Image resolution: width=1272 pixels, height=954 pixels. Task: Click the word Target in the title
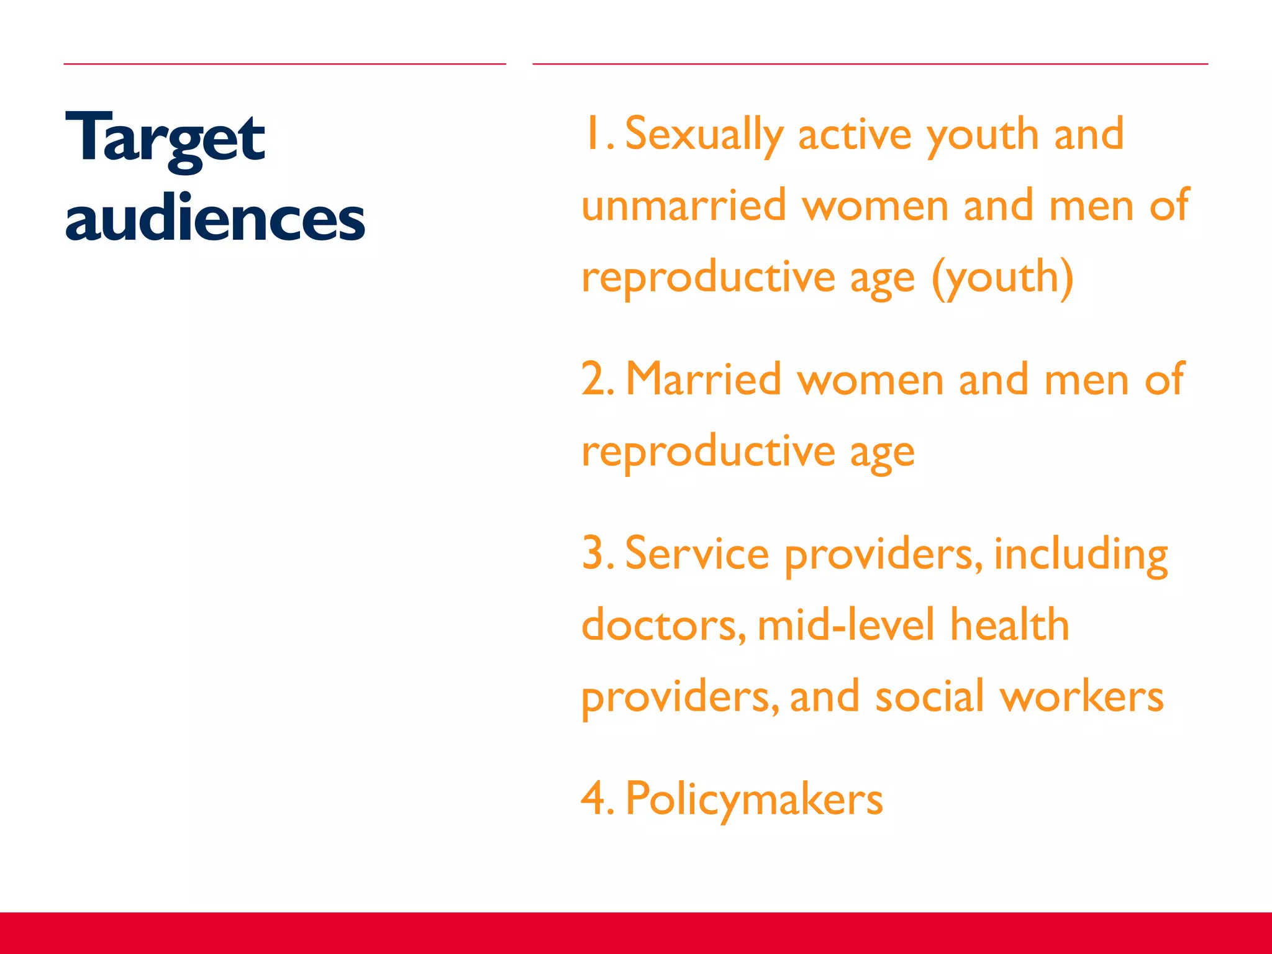pos(165,138)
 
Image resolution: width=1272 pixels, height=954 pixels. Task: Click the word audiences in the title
pos(215,219)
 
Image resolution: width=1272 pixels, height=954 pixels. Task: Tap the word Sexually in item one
pos(704,134)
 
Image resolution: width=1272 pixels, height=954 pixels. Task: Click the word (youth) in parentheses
pos(1002,278)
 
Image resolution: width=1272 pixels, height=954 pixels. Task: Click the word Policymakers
pos(754,799)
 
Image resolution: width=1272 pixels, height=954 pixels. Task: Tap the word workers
pos(1081,697)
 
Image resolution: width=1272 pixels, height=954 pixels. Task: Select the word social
pos(930,697)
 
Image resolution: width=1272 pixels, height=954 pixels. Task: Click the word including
pos(1081,554)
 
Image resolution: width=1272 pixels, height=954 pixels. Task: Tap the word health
pos(1010,625)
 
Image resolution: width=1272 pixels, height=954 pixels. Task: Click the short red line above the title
pos(284,64)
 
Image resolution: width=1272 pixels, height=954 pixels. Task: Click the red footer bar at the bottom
pos(636,933)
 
